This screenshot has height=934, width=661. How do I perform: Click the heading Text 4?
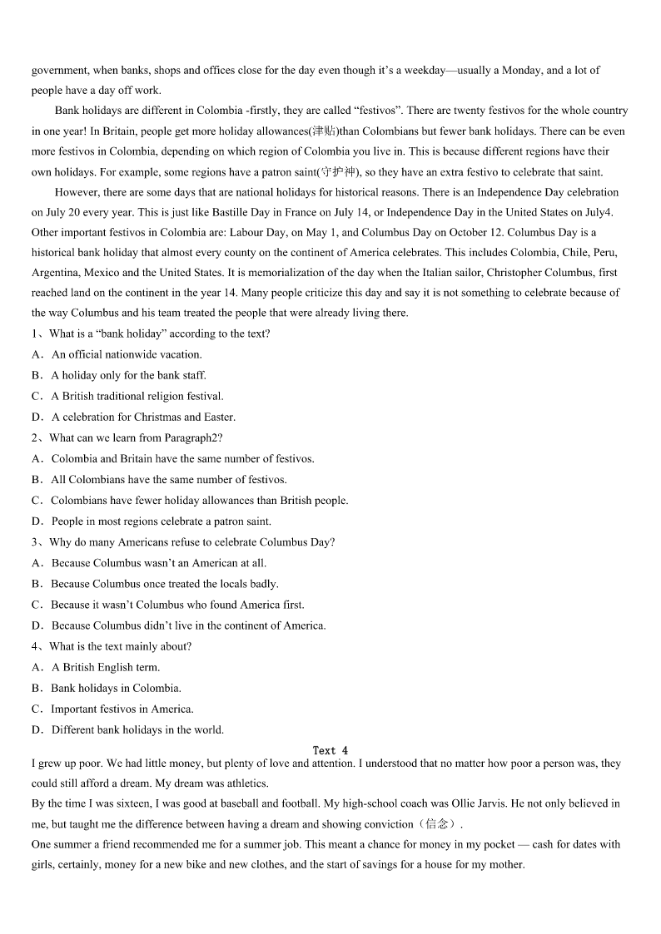330,750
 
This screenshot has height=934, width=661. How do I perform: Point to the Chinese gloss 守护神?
339,172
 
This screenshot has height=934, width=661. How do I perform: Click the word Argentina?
55,273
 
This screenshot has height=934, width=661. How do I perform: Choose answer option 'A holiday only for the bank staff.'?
128,375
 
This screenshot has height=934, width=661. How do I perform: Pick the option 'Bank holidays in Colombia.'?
116,688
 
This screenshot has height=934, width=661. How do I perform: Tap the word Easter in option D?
219,417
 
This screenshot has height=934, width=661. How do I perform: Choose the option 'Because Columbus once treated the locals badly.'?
165,584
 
